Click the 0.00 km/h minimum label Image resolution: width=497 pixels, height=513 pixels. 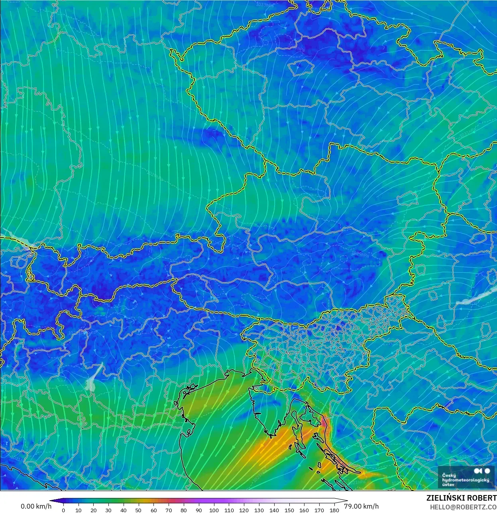tap(36, 506)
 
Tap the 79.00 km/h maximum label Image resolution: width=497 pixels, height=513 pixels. tap(361, 506)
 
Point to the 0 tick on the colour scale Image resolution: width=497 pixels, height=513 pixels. tap(63, 510)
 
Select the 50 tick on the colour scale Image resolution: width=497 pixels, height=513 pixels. tap(138, 510)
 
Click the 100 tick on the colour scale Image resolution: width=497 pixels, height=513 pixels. tap(214, 510)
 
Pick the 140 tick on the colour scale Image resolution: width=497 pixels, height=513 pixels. tap(274, 510)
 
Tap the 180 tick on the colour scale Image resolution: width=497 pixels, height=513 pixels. tap(334, 510)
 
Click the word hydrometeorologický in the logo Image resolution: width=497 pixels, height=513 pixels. tap(466, 480)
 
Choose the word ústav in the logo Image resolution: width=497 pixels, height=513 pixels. tap(448, 485)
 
